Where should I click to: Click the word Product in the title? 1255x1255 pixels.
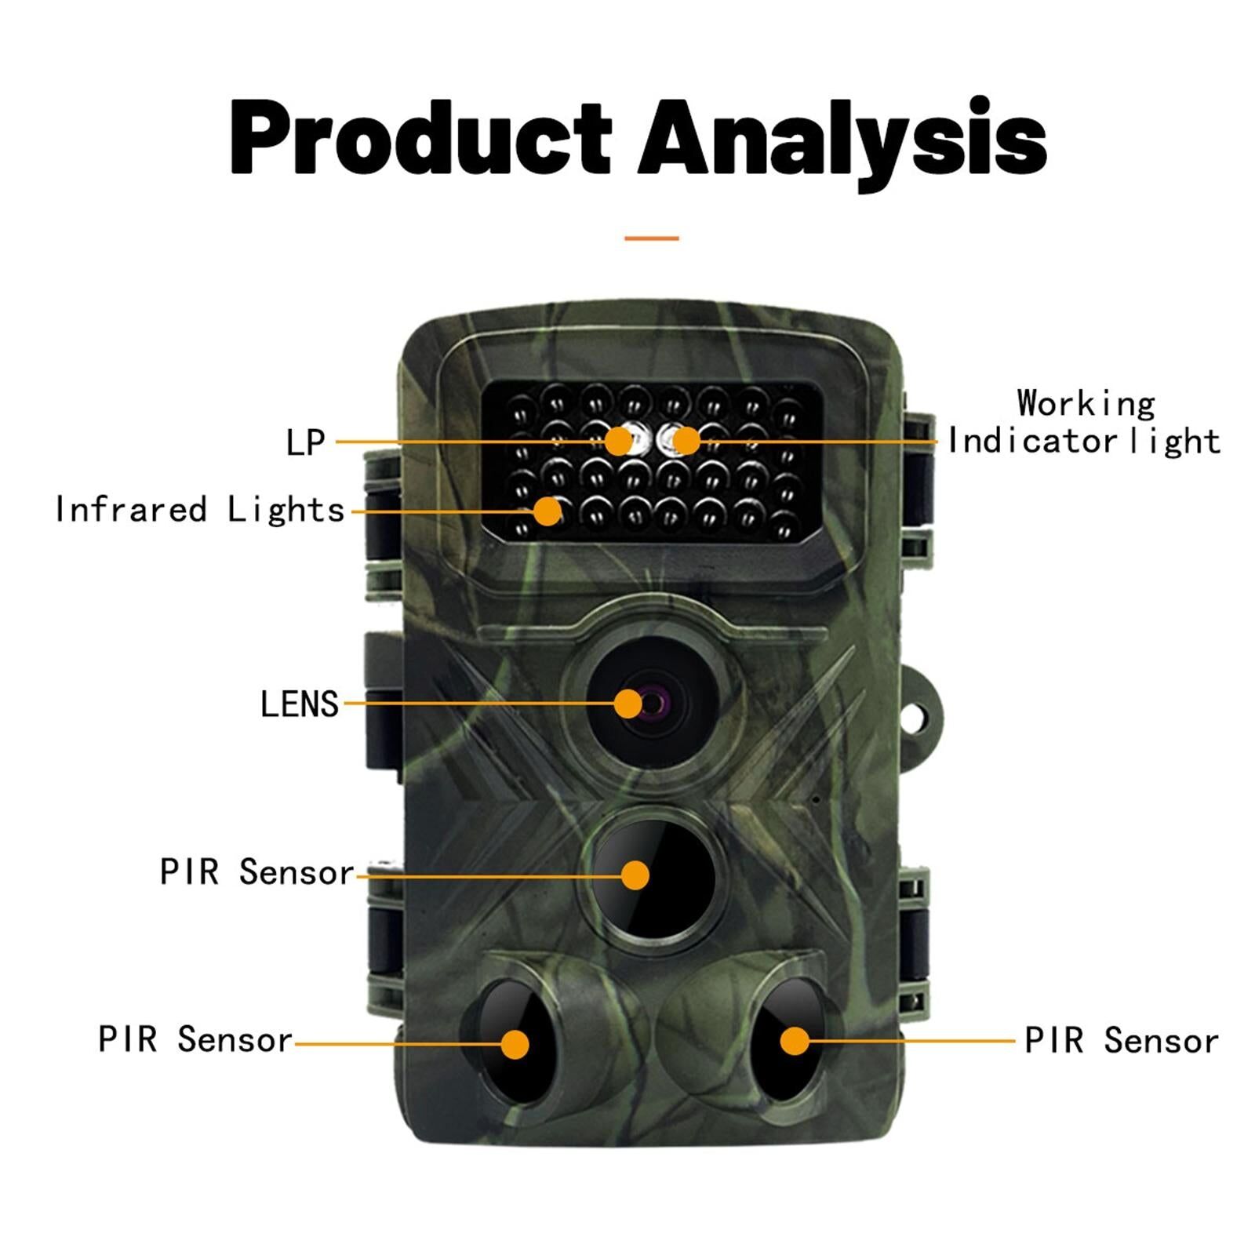(x=420, y=138)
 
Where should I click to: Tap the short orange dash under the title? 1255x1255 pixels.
(x=651, y=238)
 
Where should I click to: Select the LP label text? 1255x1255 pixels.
(x=305, y=442)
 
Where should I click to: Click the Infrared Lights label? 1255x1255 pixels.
(x=200, y=511)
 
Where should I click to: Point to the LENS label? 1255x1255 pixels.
(x=299, y=704)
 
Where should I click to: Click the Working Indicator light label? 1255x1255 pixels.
(x=1084, y=422)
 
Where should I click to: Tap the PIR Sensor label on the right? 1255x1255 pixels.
(x=1122, y=1041)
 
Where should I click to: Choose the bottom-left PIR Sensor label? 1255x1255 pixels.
(x=195, y=1039)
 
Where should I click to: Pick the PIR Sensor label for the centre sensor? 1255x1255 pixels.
(x=256, y=872)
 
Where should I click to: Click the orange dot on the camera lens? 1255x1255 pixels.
(x=627, y=704)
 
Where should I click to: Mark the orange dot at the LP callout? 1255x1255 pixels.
(x=619, y=442)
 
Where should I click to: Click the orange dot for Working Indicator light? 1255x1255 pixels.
(x=686, y=441)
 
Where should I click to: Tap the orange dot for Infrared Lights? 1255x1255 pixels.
(x=547, y=511)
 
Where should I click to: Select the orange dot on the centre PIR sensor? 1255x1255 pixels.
(x=635, y=875)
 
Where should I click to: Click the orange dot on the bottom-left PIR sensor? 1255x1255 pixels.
(x=515, y=1044)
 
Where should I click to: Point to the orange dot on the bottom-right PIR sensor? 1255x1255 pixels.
(x=795, y=1041)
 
